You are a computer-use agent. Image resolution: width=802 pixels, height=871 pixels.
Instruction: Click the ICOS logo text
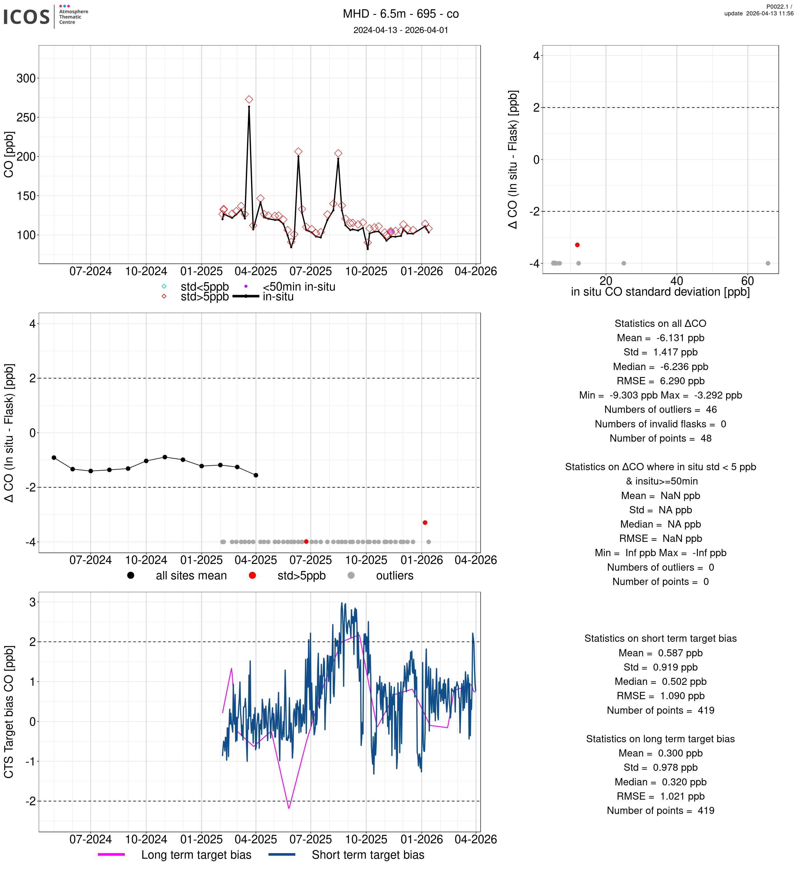pos(26,17)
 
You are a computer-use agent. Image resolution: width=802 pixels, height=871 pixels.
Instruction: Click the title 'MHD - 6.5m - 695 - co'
pos(401,14)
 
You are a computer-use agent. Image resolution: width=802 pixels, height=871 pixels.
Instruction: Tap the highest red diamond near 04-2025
pos(249,99)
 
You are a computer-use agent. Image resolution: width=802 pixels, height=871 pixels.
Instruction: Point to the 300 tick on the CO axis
pos(26,79)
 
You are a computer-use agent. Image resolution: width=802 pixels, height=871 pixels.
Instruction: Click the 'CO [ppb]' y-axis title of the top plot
pos(9,154)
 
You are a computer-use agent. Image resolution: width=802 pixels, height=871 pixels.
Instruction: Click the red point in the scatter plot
pos(577,245)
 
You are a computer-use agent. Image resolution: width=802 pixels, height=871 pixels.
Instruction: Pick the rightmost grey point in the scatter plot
pos(768,263)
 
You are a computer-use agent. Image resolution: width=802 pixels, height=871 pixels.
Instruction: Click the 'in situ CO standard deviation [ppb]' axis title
pos(660,292)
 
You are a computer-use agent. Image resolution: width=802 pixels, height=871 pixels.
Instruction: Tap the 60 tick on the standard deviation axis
pos(747,281)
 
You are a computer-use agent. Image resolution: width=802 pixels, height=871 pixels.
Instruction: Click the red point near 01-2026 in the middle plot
pos(425,523)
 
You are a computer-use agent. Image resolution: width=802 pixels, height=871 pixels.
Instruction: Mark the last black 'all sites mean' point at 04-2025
pos(256,475)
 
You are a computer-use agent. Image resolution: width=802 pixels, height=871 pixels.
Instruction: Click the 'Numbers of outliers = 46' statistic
pos(660,410)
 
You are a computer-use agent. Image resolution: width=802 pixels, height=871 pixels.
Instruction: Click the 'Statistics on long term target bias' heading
pos(660,739)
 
